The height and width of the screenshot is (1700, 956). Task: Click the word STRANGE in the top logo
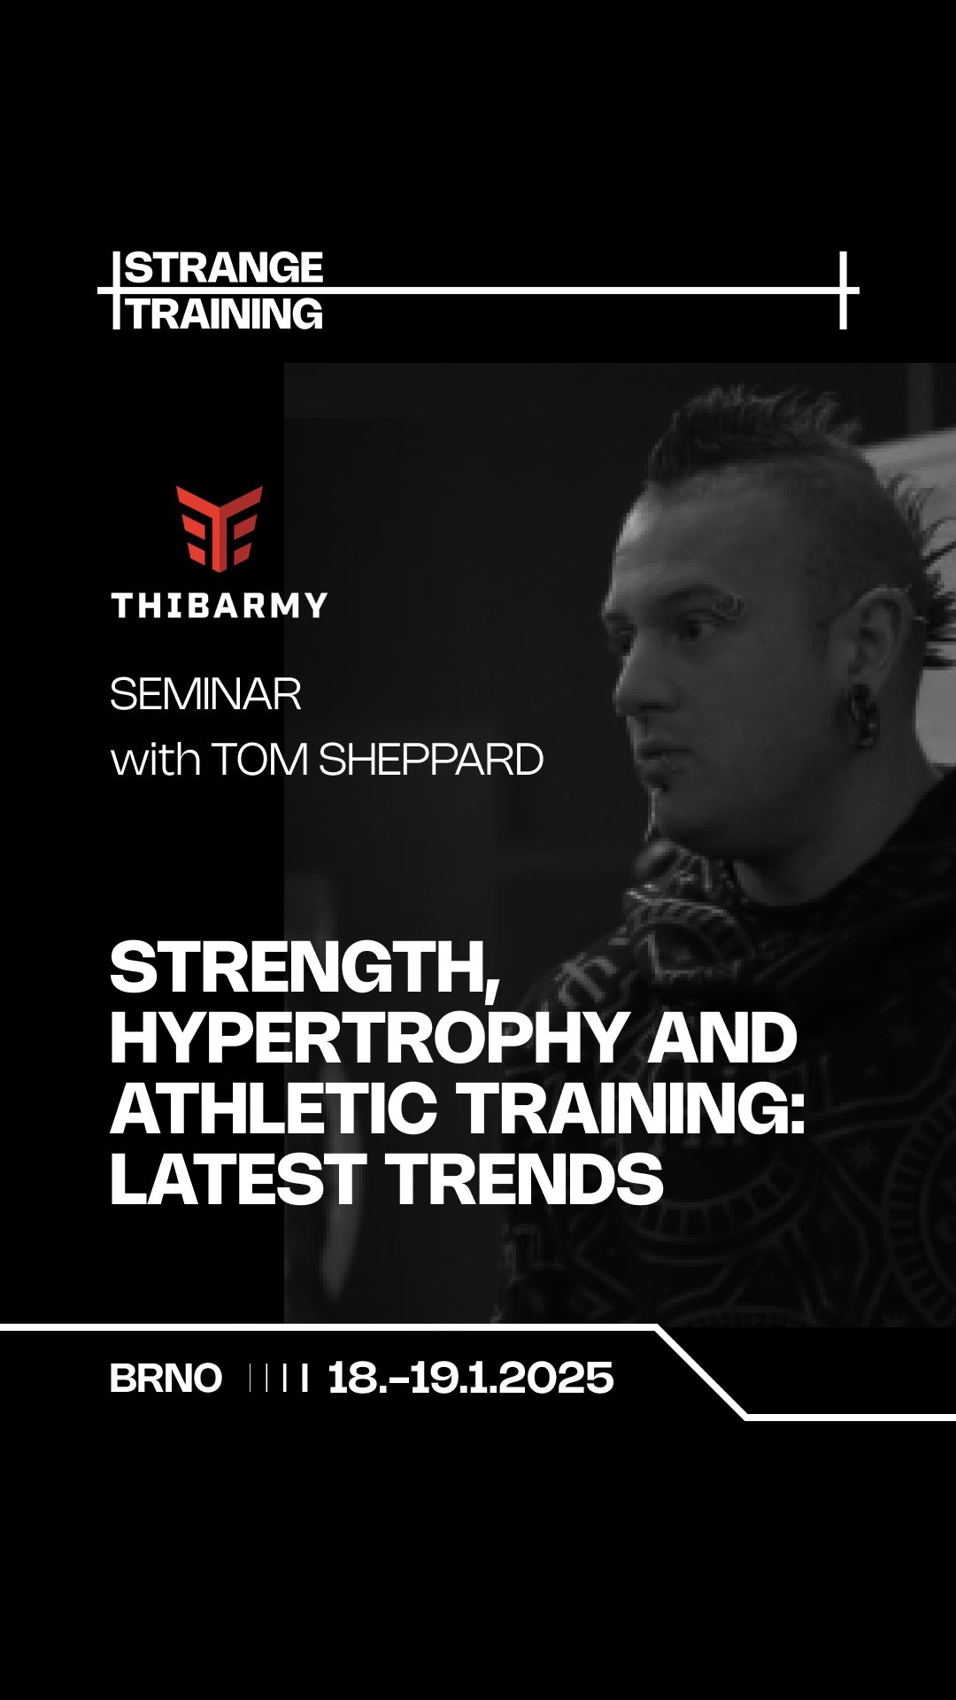224,267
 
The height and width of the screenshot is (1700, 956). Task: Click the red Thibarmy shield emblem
220,528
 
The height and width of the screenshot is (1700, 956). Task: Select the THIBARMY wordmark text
220,606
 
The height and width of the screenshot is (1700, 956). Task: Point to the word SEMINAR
205,694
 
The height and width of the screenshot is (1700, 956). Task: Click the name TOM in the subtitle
259,760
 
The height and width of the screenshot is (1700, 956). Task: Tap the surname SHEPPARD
430,760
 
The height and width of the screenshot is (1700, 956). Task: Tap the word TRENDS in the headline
524,1178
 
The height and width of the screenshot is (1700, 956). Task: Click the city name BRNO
166,1379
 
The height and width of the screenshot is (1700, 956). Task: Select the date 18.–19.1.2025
470,1379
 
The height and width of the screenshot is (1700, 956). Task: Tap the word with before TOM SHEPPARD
155,760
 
